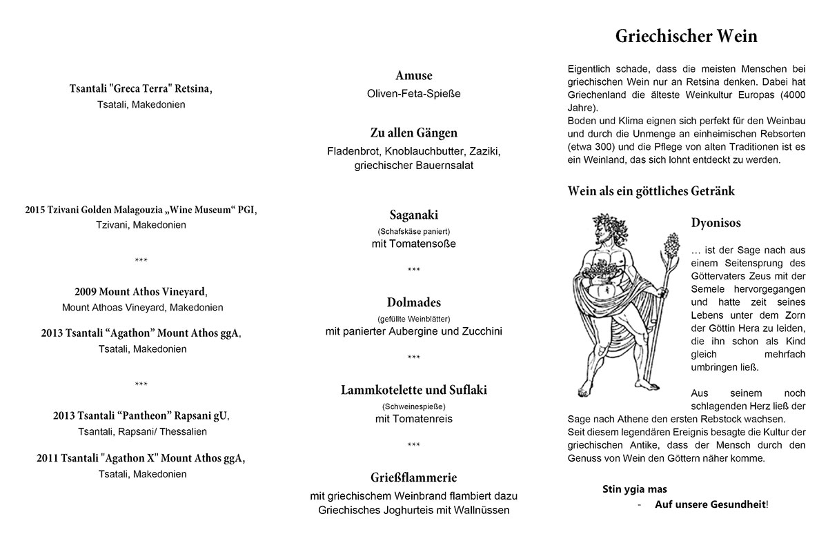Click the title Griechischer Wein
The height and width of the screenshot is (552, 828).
(686, 37)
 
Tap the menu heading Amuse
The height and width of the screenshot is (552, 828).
(414, 76)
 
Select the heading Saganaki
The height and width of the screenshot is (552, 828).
(414, 215)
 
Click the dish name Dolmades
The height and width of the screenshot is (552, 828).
(414, 303)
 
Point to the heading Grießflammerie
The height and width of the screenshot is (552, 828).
(414, 477)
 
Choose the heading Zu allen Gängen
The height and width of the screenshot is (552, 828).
(414, 132)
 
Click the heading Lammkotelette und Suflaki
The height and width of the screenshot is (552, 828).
(414, 390)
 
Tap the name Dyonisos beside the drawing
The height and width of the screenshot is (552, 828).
(716, 224)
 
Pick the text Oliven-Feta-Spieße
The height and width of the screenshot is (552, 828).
(414, 93)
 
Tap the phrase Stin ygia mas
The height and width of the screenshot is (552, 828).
(635, 489)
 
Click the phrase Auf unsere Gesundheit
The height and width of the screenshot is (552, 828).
(710, 505)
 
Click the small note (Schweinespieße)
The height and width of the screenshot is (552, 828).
(414, 406)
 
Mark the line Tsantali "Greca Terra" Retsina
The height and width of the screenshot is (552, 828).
(141, 89)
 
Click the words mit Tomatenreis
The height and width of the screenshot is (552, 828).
(414, 419)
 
